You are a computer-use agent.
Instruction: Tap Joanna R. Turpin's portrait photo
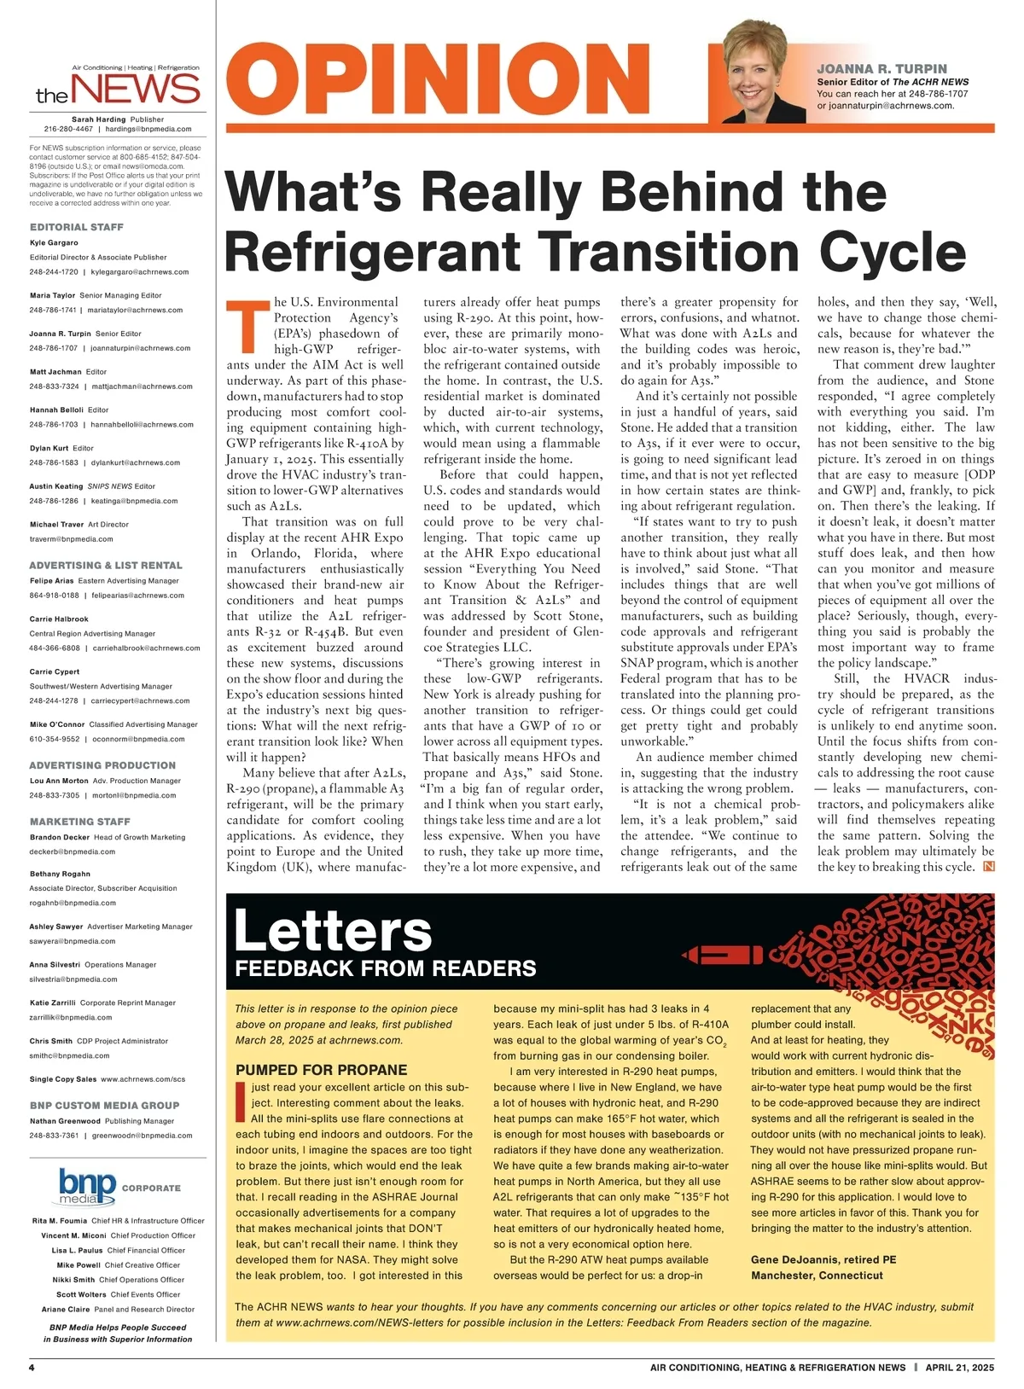tap(764, 72)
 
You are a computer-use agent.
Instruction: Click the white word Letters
tap(333, 930)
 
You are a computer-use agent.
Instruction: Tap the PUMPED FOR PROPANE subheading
tap(322, 1070)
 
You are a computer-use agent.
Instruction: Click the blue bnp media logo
tap(88, 1187)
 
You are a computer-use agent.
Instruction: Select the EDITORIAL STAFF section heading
tap(77, 227)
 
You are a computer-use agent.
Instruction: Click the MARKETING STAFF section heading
tap(80, 822)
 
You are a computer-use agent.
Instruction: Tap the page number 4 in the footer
tap(32, 1367)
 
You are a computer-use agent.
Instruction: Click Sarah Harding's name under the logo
tap(99, 119)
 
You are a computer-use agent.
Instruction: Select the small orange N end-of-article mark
tap(989, 867)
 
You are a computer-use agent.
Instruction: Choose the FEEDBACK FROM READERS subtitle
tap(386, 968)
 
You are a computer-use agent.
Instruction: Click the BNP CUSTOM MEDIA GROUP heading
tap(104, 1105)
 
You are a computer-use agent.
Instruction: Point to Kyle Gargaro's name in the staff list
tap(54, 242)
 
